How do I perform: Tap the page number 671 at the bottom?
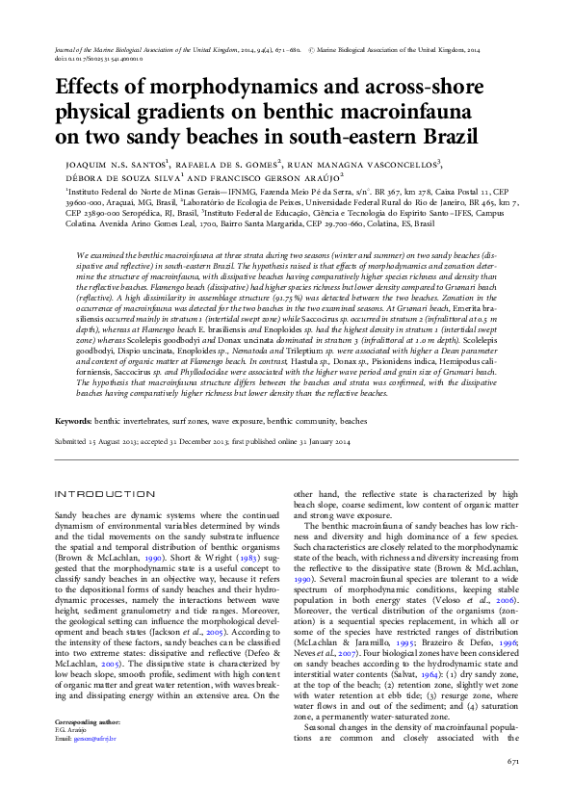click(x=513, y=789)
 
